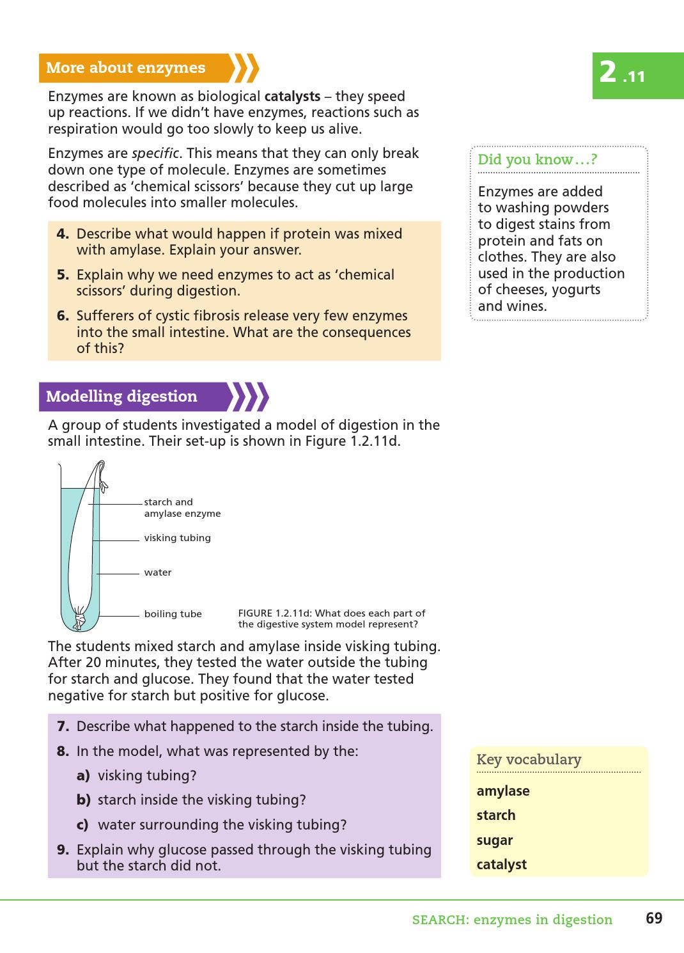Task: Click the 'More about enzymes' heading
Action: tap(126, 68)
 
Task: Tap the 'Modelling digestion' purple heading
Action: tap(121, 397)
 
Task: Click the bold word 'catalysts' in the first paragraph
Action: tap(292, 97)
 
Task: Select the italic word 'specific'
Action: tap(155, 154)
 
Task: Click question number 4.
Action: tap(63, 234)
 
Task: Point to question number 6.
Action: tap(63, 316)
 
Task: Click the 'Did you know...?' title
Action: tap(537, 160)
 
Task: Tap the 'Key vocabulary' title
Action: tap(529, 760)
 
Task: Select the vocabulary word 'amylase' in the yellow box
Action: tap(503, 791)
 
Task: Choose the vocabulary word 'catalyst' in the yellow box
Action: tap(502, 865)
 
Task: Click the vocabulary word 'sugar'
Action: tap(495, 840)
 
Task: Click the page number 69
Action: tap(654, 918)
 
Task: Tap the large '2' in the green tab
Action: tap(608, 72)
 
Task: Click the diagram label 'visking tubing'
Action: tap(177, 538)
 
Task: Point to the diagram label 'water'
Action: tap(158, 572)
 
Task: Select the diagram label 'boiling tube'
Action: tap(173, 614)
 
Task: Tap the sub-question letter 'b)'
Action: tap(83, 800)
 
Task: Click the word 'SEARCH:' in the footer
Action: tap(439, 920)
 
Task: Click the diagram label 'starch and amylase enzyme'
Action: tap(182, 508)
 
